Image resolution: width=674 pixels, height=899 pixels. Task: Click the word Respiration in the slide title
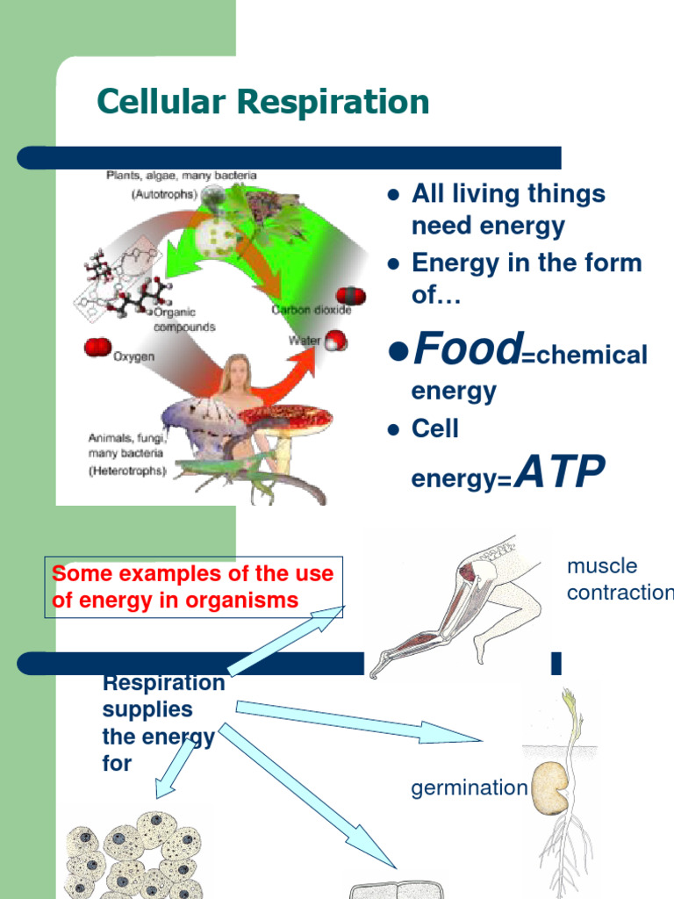tap(334, 103)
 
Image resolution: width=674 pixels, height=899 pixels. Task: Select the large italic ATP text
tap(559, 473)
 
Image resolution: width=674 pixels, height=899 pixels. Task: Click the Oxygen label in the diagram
tap(134, 356)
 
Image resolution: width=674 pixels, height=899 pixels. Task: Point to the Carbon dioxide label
tap(311, 310)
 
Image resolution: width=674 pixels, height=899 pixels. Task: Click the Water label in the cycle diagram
tap(305, 340)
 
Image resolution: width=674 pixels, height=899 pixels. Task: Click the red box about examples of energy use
tap(193, 586)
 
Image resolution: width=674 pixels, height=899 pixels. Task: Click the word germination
tap(469, 788)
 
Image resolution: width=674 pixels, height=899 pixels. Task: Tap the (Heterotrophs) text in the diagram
tap(126, 471)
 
